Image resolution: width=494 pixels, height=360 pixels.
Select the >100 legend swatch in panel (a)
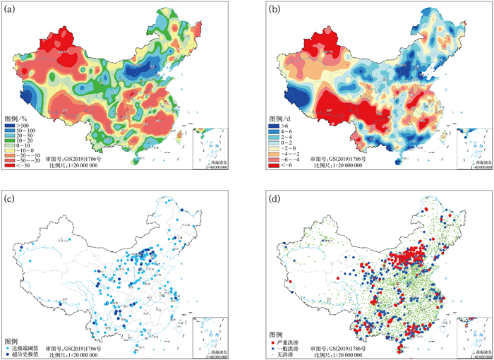9,126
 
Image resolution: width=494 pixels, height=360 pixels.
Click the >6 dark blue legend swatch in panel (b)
273,126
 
